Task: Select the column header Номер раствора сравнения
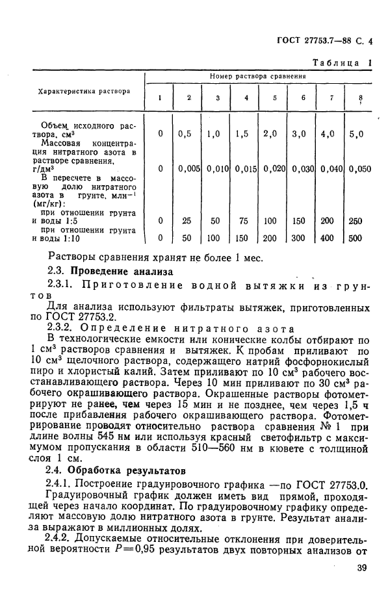tap(258, 76)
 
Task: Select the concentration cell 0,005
tap(188, 169)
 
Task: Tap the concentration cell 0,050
tap(359, 169)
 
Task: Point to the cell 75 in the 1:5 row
tap(245, 220)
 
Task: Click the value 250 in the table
tap(356, 220)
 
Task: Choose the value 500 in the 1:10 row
tap(356, 238)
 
